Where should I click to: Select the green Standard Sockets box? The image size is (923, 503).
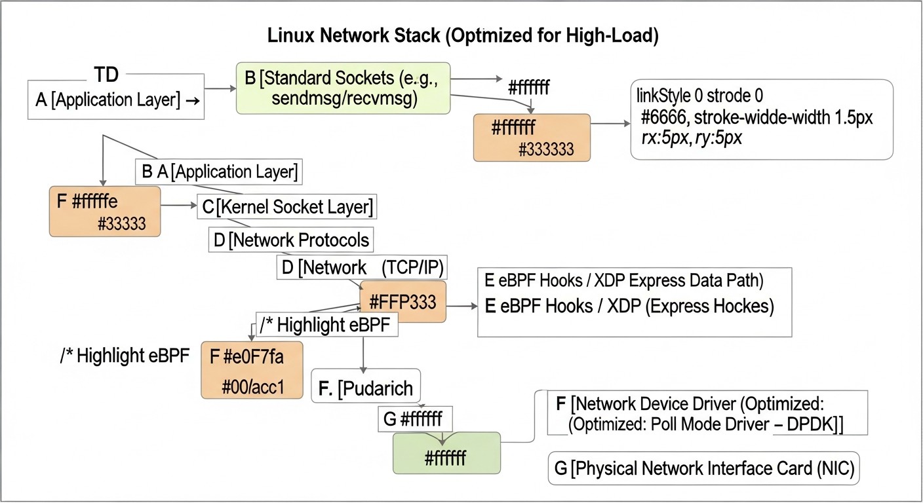click(x=344, y=88)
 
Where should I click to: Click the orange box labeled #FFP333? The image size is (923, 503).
click(x=403, y=302)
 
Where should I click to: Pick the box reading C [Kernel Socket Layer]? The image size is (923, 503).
click(x=287, y=207)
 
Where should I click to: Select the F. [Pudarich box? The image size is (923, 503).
click(x=366, y=388)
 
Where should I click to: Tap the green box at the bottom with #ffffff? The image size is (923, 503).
click(x=446, y=453)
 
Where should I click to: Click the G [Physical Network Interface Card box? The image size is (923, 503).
click(x=703, y=470)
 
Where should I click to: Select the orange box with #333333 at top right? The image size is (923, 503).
click(x=532, y=138)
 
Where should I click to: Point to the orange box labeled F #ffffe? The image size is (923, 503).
click(x=105, y=211)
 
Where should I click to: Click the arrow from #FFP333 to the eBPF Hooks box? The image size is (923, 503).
click(x=461, y=306)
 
